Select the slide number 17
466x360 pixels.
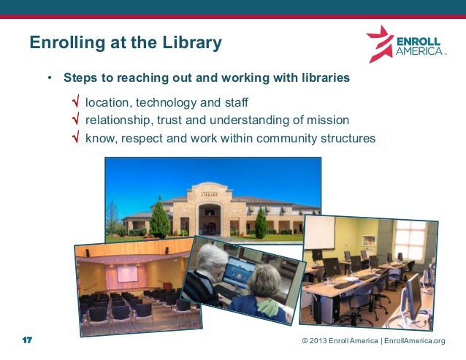[28, 341]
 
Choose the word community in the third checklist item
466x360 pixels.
[278, 137]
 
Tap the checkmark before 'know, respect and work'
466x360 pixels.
[76, 137]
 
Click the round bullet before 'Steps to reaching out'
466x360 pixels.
[50, 77]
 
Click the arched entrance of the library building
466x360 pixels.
[209, 218]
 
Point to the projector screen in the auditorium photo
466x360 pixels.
[127, 274]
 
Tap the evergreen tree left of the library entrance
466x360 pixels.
[159, 220]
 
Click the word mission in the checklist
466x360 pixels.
[329, 120]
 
